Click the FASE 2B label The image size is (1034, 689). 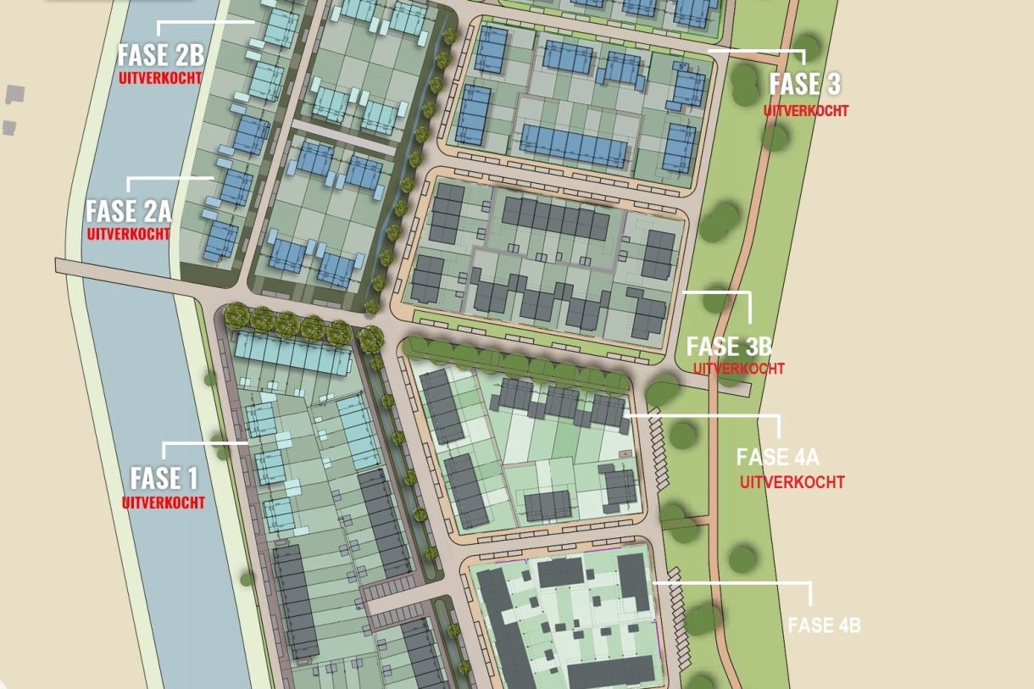pyautogui.click(x=161, y=55)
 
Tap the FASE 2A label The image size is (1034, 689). pyautogui.click(x=129, y=210)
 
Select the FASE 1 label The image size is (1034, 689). pyautogui.click(x=164, y=478)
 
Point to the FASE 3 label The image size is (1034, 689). pyautogui.click(x=804, y=85)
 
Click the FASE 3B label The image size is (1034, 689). pyautogui.click(x=728, y=346)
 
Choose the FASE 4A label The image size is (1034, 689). pyautogui.click(x=777, y=458)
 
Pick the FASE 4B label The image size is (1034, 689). pyautogui.click(x=824, y=625)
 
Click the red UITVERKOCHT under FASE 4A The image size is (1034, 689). pyautogui.click(x=792, y=482)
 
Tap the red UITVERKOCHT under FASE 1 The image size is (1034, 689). pyautogui.click(x=164, y=503)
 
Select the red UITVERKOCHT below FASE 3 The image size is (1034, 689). pyautogui.click(x=805, y=110)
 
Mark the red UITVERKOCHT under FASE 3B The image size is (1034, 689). pyautogui.click(x=738, y=369)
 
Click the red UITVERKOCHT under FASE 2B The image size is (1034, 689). pyautogui.click(x=161, y=77)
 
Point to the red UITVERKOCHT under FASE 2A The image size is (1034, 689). pyautogui.click(x=129, y=234)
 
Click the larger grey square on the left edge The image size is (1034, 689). pyautogui.click(x=14, y=93)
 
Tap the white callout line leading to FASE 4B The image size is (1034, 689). pyautogui.click(x=733, y=583)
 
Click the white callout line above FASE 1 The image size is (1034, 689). pyautogui.click(x=203, y=442)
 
